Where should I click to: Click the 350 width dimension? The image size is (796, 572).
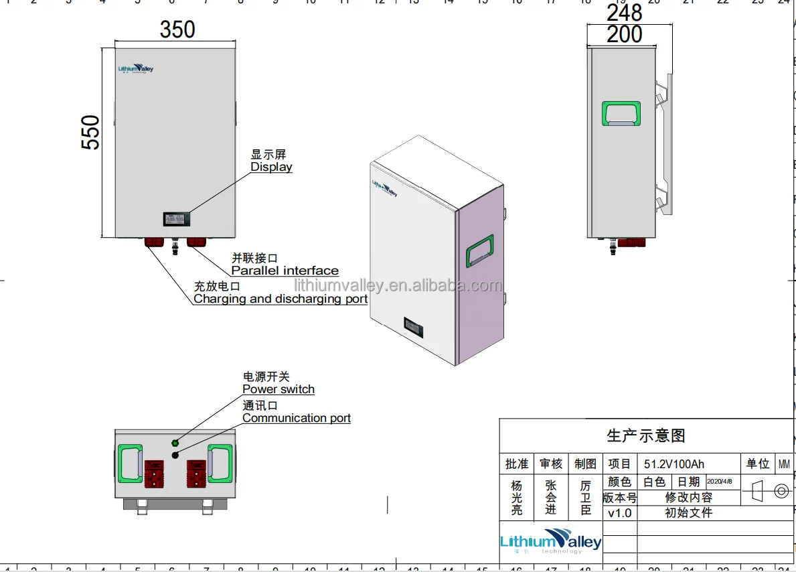coord(177,29)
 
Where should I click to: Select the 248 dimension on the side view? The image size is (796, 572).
coord(624,12)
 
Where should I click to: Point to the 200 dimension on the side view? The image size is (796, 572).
coord(624,34)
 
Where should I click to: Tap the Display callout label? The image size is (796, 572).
coord(271,167)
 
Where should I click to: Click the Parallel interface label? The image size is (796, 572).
coord(285,271)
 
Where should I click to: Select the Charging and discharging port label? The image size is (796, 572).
coord(281,299)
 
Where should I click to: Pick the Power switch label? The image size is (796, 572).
coord(278,389)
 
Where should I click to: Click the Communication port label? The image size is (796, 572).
coord(296,418)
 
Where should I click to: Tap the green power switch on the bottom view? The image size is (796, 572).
coord(175,443)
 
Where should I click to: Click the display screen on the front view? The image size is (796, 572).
coord(177,218)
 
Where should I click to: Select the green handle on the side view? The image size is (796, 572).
coord(621,114)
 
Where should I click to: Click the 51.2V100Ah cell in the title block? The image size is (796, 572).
coord(674,463)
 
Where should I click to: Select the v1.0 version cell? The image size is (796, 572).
coord(619,513)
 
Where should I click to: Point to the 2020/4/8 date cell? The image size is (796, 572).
coord(720,482)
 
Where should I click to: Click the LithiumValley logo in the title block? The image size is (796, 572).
coord(550,541)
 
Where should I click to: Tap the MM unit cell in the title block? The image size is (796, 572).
coord(784,463)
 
